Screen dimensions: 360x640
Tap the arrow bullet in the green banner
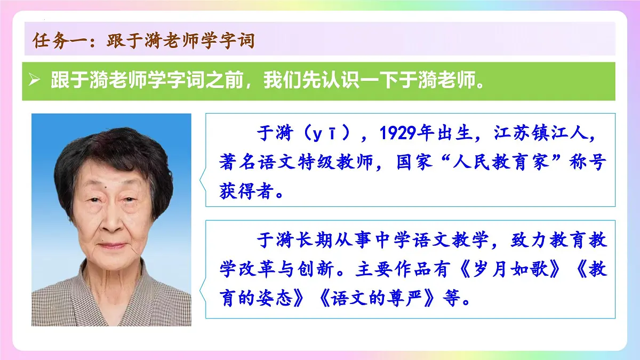35,81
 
